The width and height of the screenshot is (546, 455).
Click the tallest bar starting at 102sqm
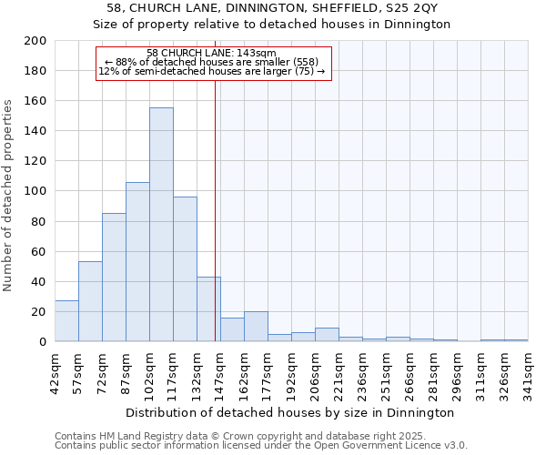coord(161,225)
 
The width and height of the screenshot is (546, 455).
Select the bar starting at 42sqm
coord(66,321)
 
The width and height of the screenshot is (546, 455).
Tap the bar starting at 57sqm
coord(90,301)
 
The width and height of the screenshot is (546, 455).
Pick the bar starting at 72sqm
coord(114,278)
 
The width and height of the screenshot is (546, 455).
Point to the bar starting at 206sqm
coord(327,335)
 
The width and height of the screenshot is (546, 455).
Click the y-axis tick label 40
coord(38,281)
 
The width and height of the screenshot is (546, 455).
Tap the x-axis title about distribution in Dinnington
coord(290,412)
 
